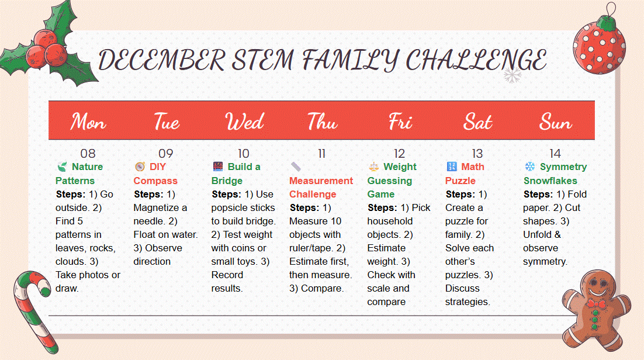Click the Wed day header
pyautogui.click(x=244, y=122)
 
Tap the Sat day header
pyautogui.click(x=477, y=122)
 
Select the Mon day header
pyautogui.click(x=88, y=122)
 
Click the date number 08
pyautogui.click(x=88, y=154)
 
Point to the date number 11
pyautogui.click(x=321, y=154)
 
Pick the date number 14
pyautogui.click(x=555, y=154)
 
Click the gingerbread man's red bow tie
pyautogui.click(x=596, y=304)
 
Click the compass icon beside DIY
pyautogui.click(x=140, y=167)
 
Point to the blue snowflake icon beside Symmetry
pyautogui.click(x=530, y=167)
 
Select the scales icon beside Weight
pyautogui.click(x=374, y=167)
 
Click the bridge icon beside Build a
pyautogui.click(x=217, y=167)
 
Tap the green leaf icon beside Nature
pyautogui.click(x=62, y=167)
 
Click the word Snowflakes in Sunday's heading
pyautogui.click(x=550, y=181)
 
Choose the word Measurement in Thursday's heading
pyautogui.click(x=321, y=181)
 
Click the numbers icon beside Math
pyautogui.click(x=451, y=167)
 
